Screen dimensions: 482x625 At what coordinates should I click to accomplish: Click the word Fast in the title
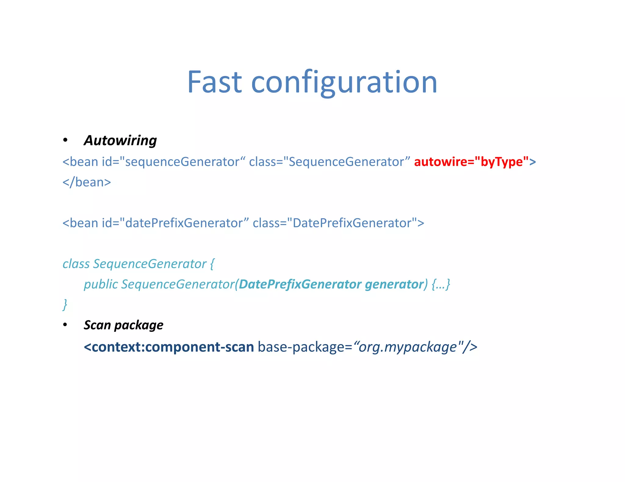215,82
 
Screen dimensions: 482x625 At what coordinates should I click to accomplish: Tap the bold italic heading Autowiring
120,140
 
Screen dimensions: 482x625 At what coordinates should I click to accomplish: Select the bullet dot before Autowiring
65,140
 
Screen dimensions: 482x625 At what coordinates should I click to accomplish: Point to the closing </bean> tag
87,182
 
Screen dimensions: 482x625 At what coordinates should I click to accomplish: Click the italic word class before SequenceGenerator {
76,264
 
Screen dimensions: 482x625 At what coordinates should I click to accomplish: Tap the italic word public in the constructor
101,284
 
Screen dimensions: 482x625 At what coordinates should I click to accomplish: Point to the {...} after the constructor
441,284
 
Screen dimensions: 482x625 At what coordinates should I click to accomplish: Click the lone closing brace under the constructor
65,304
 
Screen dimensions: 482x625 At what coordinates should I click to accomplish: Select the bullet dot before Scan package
65,325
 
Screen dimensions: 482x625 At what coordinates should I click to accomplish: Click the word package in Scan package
139,325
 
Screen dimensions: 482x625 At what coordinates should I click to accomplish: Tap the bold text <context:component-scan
169,347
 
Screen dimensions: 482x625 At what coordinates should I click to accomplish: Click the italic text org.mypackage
408,347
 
